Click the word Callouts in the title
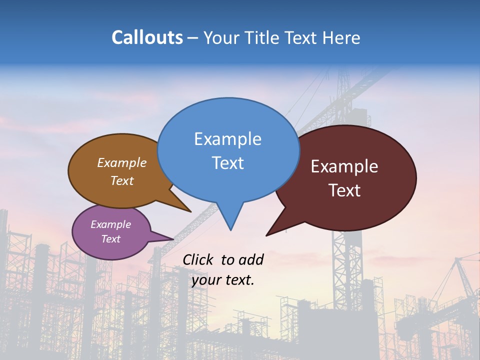(x=147, y=37)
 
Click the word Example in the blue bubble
(x=227, y=138)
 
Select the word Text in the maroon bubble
(x=344, y=190)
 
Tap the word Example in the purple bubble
(x=110, y=224)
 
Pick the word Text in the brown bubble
(x=122, y=180)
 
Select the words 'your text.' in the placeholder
(x=223, y=280)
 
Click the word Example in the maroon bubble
(x=344, y=166)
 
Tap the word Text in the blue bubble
(x=227, y=163)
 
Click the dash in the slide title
(x=193, y=38)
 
